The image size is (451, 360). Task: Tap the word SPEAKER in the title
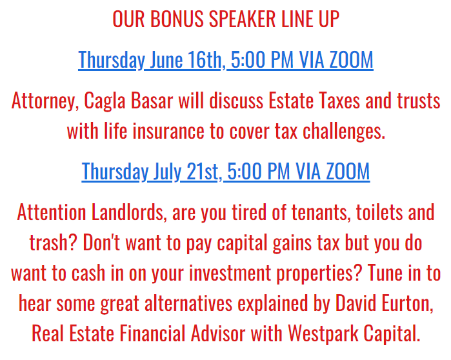(x=242, y=19)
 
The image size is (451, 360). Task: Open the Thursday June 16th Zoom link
(x=226, y=60)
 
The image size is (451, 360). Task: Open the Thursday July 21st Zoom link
(x=226, y=172)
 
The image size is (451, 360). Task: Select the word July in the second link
(x=167, y=172)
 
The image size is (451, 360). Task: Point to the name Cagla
(x=105, y=101)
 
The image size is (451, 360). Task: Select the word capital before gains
(x=242, y=243)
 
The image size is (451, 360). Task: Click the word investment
(x=230, y=273)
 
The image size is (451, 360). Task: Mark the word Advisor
(x=218, y=334)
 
